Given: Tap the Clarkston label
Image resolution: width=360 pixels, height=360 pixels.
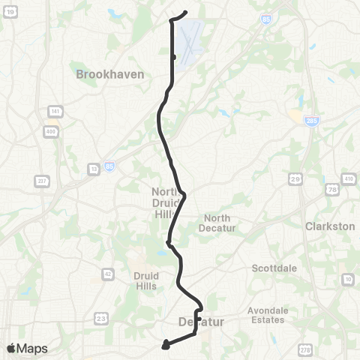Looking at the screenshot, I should [329, 225].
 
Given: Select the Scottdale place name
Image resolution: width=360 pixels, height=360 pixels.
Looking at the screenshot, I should [274, 268].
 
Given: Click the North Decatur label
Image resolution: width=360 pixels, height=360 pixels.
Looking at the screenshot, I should [220, 223].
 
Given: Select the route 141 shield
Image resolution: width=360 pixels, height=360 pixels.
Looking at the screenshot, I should [52, 112].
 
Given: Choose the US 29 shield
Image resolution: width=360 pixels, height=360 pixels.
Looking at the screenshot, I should [295, 179].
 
